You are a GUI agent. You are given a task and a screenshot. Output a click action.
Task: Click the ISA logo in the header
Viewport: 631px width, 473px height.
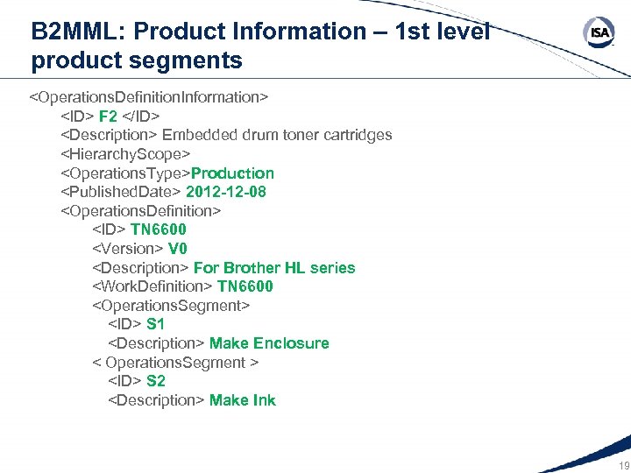coord(599,33)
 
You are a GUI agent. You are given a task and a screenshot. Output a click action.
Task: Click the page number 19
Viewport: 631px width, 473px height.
coord(624,465)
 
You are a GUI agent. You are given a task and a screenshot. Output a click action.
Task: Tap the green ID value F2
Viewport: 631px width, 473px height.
coord(109,116)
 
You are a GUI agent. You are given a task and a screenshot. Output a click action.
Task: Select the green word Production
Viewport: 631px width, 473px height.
coord(232,173)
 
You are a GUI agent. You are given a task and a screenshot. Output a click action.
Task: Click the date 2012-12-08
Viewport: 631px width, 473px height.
coord(226,192)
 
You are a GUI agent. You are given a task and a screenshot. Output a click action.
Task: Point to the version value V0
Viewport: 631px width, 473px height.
coord(178,249)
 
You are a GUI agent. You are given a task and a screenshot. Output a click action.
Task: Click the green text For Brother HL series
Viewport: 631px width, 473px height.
coord(274,268)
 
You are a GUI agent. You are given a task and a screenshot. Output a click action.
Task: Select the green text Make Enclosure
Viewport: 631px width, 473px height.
coord(269,343)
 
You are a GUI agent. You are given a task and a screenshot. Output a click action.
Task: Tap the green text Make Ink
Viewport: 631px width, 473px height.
coord(242,400)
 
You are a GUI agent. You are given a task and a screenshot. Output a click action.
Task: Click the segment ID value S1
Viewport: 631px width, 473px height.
coord(156,324)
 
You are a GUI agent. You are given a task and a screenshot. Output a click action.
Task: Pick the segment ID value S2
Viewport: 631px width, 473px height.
coord(156,381)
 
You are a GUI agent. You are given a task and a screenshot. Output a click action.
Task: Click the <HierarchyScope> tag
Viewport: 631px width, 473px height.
coord(125,154)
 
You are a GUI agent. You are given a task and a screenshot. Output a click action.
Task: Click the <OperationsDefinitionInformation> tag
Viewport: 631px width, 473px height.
coord(149,96)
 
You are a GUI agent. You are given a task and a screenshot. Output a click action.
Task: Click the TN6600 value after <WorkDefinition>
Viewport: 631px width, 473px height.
coord(245,286)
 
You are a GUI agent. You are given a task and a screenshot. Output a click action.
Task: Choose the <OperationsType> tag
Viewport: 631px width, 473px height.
coord(125,173)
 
